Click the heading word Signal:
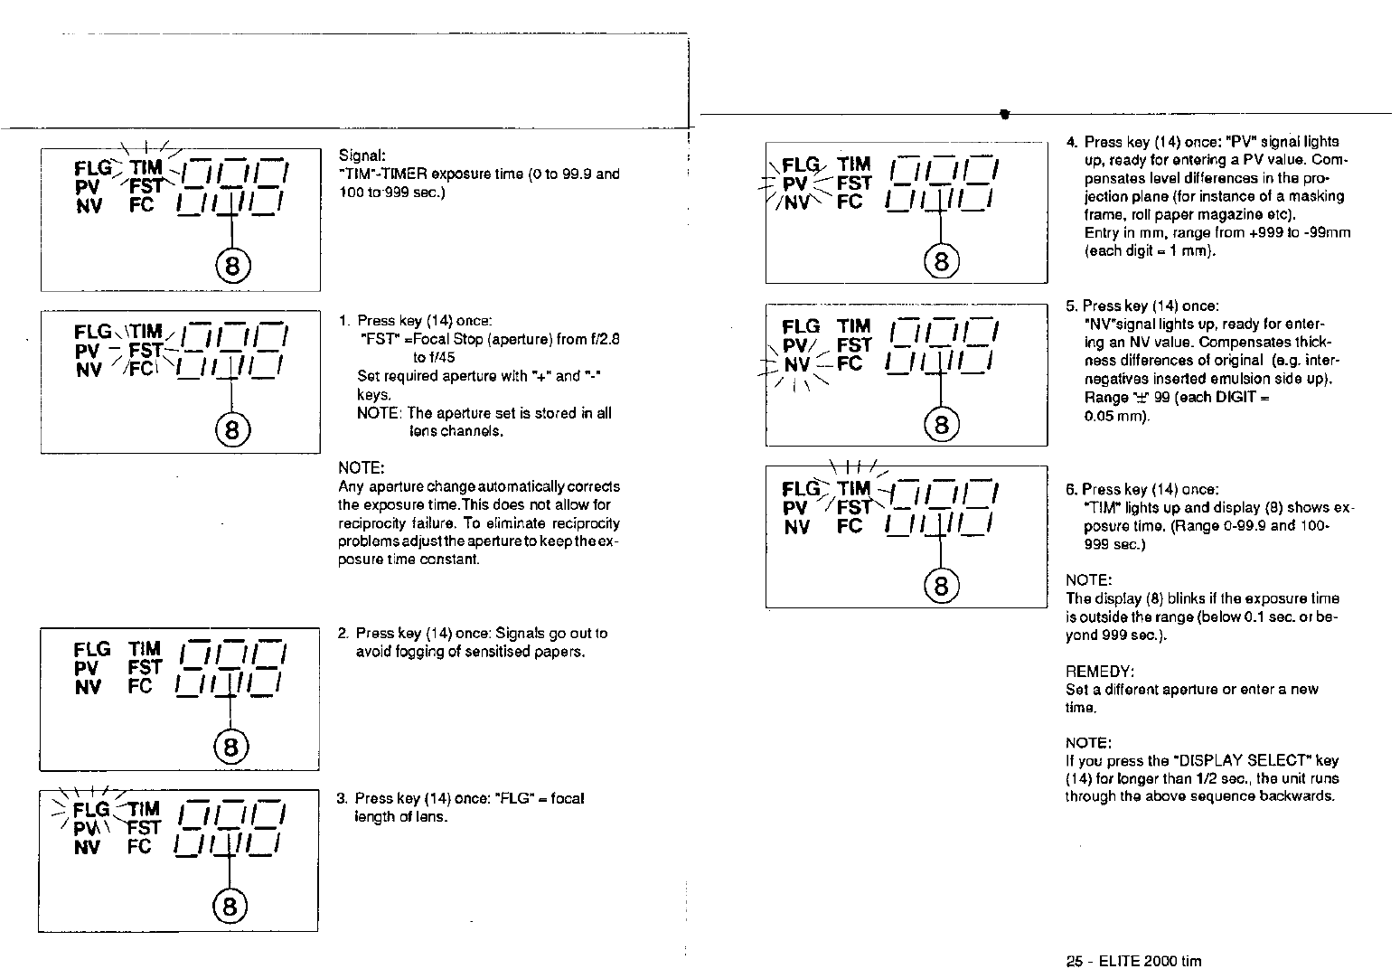[363, 155]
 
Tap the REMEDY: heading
[1100, 672]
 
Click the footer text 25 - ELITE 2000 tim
[1134, 961]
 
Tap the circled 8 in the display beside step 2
[230, 747]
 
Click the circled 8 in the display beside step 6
[941, 587]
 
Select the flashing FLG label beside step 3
[91, 809]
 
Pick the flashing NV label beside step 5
[797, 364]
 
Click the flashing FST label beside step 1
[146, 350]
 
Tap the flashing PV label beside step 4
[794, 183]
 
